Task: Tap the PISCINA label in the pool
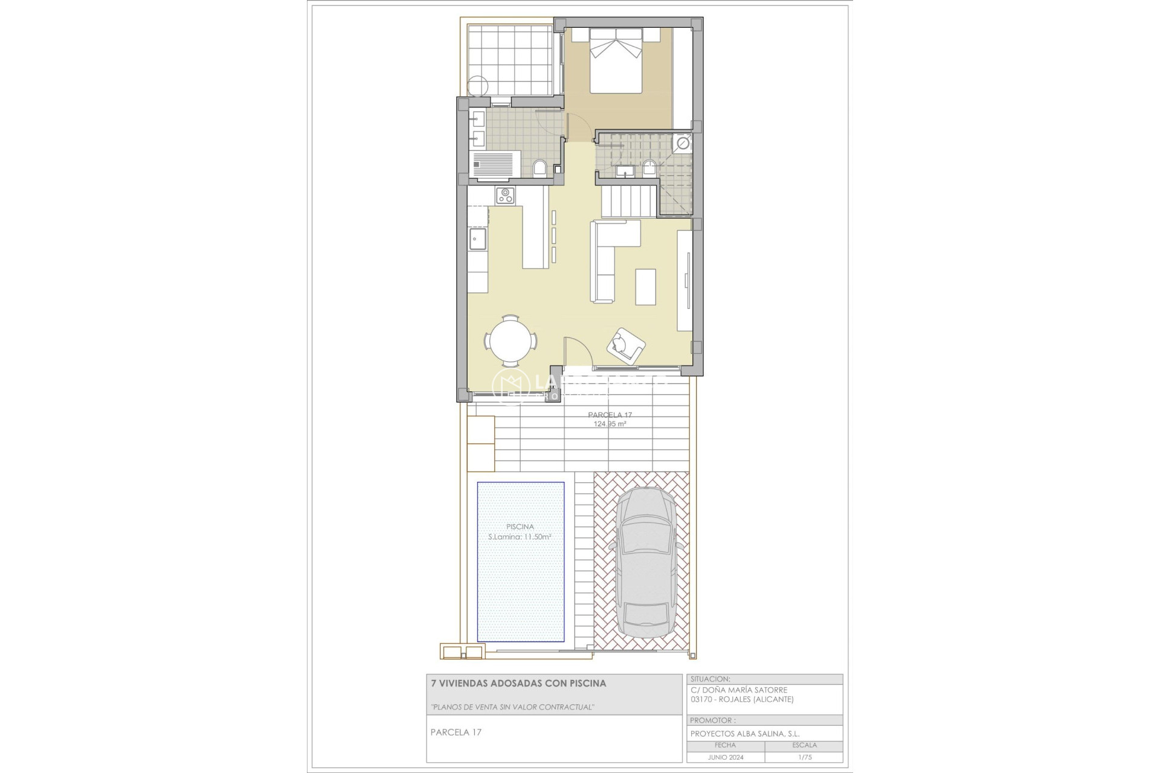click(x=520, y=527)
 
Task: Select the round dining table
click(x=511, y=341)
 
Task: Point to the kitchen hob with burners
click(x=505, y=195)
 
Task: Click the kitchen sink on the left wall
click(x=478, y=239)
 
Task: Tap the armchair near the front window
click(x=626, y=345)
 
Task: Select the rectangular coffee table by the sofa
click(x=646, y=287)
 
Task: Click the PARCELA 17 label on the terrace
click(x=610, y=415)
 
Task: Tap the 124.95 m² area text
click(x=610, y=424)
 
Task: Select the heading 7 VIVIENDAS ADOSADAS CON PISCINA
click(x=518, y=684)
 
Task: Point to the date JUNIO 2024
click(x=725, y=757)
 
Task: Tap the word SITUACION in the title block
click(x=710, y=679)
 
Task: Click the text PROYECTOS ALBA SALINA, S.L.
click(x=745, y=734)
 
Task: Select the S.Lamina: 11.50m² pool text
click(x=520, y=537)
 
